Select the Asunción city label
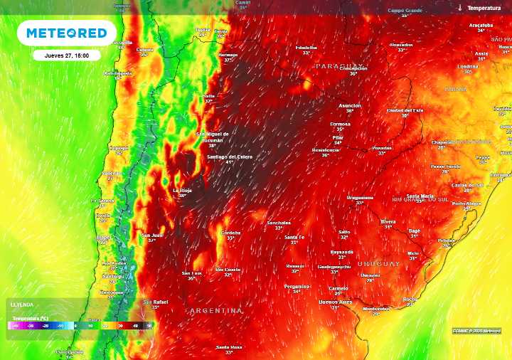coord(349,106)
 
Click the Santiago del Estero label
coord(228,157)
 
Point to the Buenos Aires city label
coord(336,302)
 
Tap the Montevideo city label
coord(376,309)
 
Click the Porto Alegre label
coord(466,203)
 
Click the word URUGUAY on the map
coord(379,263)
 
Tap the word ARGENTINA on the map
coord(216,311)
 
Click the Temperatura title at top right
coord(486,8)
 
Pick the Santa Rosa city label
coord(229,347)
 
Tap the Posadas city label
coord(382,148)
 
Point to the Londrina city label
coord(468,66)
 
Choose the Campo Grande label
coord(405,11)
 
